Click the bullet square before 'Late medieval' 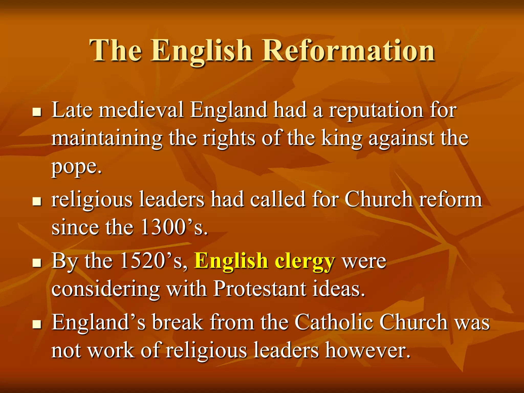[37, 112]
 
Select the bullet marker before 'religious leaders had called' [37, 201]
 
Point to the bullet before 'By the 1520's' [37, 263]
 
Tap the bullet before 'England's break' [37, 324]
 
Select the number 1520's [153, 261]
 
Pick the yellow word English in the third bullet [231, 262]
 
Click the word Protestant [260, 289]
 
